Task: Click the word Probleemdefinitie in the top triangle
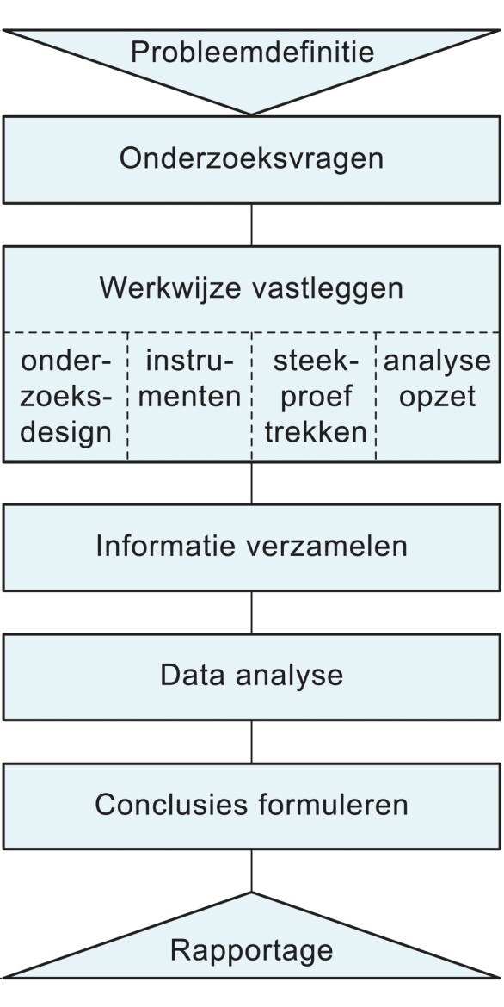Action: click(x=252, y=52)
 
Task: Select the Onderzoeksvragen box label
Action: click(x=251, y=159)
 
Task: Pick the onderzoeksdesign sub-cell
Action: click(x=66, y=397)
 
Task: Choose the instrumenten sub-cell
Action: click(x=190, y=380)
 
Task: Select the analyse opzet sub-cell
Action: click(x=438, y=380)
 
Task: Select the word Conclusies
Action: click(x=171, y=805)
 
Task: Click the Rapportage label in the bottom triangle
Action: click(x=251, y=950)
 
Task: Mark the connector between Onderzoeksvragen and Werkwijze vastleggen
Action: click(x=251, y=225)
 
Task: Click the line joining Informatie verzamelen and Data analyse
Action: click(x=251, y=612)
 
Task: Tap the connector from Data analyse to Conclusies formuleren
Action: click(x=251, y=741)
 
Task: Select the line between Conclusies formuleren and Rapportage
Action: click(x=251, y=870)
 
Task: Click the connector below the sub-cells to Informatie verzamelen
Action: click(x=251, y=483)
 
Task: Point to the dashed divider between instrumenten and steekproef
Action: click(x=252, y=397)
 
